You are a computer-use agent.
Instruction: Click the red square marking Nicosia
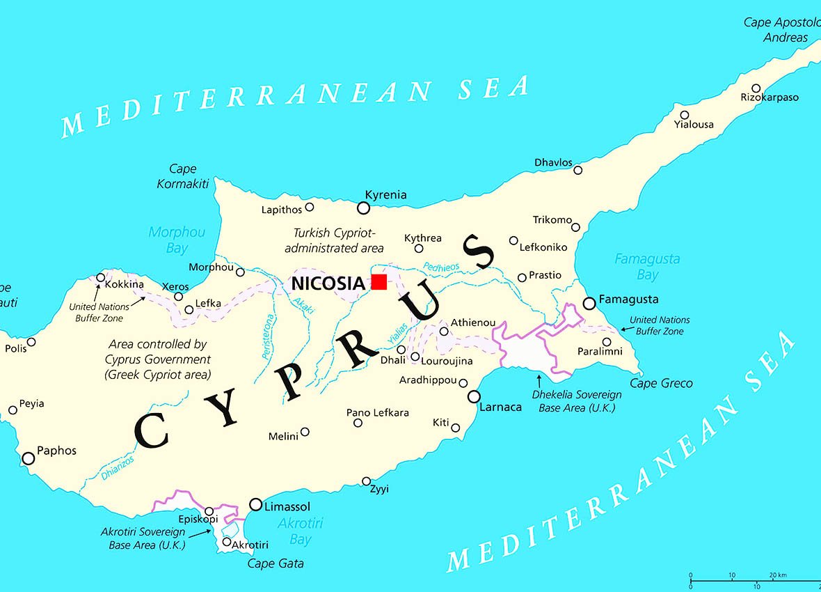click(x=378, y=282)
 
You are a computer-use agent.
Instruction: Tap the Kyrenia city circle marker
click(x=363, y=208)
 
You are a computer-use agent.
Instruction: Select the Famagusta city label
click(x=628, y=299)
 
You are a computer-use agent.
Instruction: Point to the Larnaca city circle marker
click(x=474, y=396)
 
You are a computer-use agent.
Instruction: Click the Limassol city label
click(x=287, y=507)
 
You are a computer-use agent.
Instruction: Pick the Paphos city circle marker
click(x=28, y=458)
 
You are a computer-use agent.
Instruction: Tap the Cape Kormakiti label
click(x=183, y=176)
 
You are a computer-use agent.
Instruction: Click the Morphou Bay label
click(x=177, y=240)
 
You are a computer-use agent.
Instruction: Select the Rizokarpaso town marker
click(x=756, y=88)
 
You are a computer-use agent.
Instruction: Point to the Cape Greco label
click(x=661, y=383)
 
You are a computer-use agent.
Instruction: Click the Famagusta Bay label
click(x=647, y=267)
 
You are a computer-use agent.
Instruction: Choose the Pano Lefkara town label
click(x=378, y=413)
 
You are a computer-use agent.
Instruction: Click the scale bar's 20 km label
click(x=778, y=575)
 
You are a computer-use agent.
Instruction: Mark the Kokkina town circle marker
click(x=100, y=277)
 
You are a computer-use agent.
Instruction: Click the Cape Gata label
click(x=276, y=563)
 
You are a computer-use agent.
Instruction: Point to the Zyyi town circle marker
click(x=367, y=481)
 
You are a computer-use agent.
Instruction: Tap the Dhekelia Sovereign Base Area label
click(x=577, y=401)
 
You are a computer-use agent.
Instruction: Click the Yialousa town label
click(x=694, y=125)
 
